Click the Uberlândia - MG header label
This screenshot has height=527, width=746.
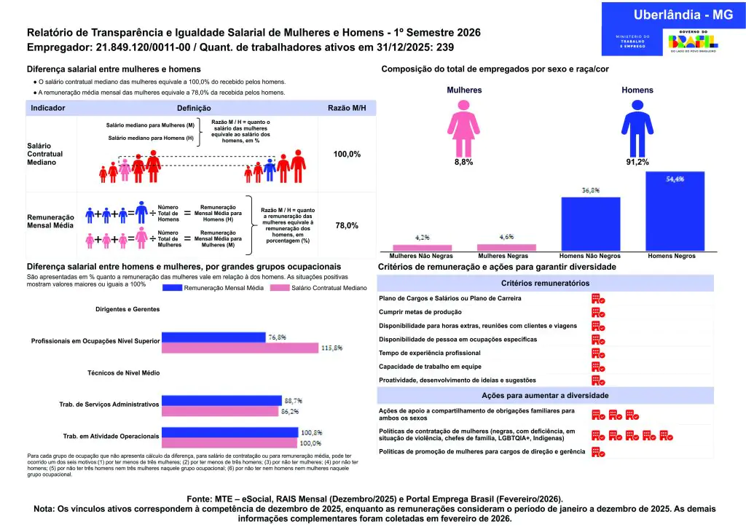673,15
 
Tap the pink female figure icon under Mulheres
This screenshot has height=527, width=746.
463,128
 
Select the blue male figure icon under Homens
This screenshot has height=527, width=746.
637,128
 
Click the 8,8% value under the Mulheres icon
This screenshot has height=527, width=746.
463,163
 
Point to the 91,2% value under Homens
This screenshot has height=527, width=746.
637,163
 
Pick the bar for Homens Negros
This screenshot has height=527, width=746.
675,211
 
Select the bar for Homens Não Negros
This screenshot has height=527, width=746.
590,224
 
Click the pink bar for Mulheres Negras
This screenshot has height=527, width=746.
506,247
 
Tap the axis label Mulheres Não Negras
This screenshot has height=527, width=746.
422,257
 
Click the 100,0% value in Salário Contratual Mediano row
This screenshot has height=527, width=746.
347,155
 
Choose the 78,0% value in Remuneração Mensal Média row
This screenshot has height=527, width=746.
347,226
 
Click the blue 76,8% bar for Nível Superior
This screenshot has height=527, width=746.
213,337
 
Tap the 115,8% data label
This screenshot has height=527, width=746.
331,348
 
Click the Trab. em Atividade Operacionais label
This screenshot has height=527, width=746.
111,436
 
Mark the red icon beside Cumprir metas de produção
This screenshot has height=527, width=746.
598,312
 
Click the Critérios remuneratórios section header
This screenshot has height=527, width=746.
545,283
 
